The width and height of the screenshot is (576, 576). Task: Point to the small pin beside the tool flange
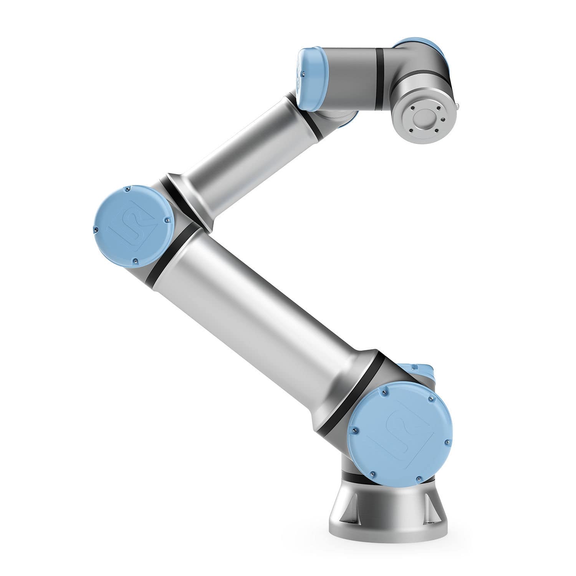coord(458,104)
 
